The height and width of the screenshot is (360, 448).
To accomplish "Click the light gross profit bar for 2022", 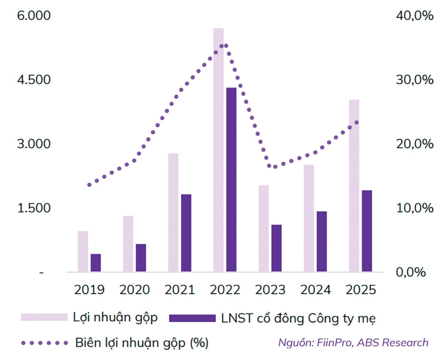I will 218,150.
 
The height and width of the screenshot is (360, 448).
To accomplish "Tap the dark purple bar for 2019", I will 96,263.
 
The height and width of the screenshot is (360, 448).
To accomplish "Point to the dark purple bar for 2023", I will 276,248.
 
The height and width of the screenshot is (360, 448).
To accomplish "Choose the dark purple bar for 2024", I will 322,241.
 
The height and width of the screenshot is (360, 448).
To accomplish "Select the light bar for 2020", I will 128,244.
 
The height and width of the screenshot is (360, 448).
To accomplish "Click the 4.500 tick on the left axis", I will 34,80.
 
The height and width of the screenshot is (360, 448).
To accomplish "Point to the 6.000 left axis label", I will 34,16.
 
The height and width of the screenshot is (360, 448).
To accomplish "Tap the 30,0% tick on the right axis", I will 414,80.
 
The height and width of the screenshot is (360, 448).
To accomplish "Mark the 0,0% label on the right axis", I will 411,272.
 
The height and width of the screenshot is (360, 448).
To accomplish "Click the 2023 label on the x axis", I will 270,290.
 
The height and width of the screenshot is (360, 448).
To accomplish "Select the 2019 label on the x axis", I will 89,290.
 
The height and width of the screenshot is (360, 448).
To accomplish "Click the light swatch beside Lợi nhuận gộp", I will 44,317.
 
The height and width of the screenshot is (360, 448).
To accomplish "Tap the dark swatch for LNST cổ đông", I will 192,318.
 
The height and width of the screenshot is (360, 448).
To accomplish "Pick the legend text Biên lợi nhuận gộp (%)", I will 142,343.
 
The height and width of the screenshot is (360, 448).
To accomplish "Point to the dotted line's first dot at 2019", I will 89,185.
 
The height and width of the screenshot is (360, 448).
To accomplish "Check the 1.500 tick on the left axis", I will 34,208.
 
